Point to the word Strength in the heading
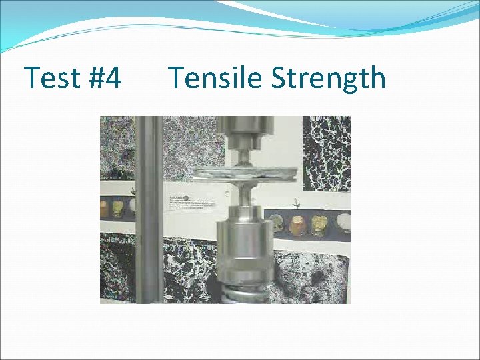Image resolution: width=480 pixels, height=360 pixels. (328, 78)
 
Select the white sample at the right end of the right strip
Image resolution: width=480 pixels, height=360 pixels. (343, 222)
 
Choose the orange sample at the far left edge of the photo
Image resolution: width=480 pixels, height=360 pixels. (105, 209)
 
